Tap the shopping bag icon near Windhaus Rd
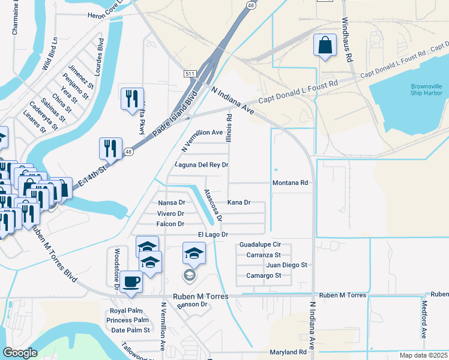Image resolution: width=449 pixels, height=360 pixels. click(x=325, y=46)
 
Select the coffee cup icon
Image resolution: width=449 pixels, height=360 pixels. click(x=131, y=281)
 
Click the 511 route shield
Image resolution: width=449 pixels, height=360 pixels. click(x=190, y=73)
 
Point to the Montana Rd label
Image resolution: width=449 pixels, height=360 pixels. click(x=290, y=182)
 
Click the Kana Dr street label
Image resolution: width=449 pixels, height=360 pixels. click(x=239, y=203)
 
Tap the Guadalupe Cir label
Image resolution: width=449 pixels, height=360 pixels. click(x=260, y=245)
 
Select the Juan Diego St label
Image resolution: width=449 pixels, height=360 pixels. click(x=286, y=265)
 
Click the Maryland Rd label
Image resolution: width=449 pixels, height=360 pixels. click(x=288, y=352)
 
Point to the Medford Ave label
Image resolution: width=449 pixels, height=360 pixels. click(x=424, y=325)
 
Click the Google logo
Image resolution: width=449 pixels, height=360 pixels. click(x=20, y=352)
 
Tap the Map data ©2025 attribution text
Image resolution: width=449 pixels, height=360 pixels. click(x=423, y=355)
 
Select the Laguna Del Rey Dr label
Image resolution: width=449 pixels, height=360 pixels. click(x=202, y=164)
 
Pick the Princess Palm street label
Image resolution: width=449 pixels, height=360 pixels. click(x=128, y=320)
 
